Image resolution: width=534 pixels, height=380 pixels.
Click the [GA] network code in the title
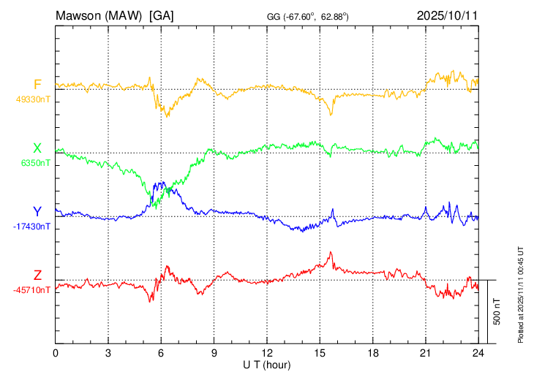point(161,15)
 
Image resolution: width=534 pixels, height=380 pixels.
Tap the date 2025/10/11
point(447,15)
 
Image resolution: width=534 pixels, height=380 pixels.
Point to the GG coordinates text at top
point(307,15)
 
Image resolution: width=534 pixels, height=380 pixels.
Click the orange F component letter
point(37,84)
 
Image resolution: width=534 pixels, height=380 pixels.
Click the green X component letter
point(37,148)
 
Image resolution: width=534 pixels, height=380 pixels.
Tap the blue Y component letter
point(37,212)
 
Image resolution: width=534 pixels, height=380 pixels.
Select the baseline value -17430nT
point(32,227)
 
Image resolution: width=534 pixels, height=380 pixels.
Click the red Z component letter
point(37,275)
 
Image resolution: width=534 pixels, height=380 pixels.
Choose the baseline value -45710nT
point(32,290)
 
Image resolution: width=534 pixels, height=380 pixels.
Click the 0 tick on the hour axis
point(56,352)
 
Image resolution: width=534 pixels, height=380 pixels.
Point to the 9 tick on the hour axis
point(214,352)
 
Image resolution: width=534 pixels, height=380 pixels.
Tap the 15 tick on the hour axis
point(320,352)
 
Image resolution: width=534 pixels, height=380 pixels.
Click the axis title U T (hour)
point(267,364)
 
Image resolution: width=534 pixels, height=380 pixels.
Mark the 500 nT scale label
point(497,311)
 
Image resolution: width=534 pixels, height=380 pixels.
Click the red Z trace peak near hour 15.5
point(331,253)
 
